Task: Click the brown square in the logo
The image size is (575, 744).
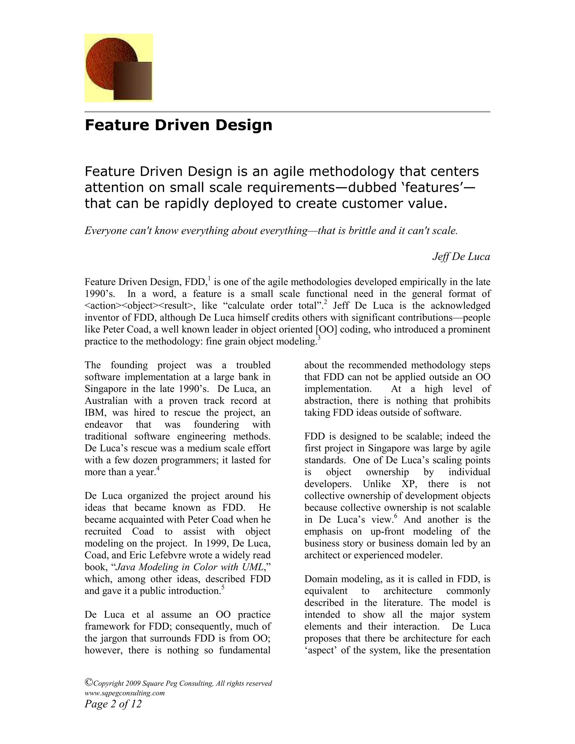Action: click(x=133, y=81)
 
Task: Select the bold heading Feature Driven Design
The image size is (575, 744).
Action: click(x=178, y=125)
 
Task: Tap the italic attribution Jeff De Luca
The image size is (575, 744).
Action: click(x=461, y=257)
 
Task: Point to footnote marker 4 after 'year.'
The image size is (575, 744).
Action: click(x=158, y=468)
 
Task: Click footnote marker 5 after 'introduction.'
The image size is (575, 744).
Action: click(x=223, y=587)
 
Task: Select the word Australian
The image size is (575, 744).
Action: click(x=106, y=401)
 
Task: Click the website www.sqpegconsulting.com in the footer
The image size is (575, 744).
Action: click(x=124, y=693)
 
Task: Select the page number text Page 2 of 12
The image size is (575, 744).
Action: click(x=113, y=704)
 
